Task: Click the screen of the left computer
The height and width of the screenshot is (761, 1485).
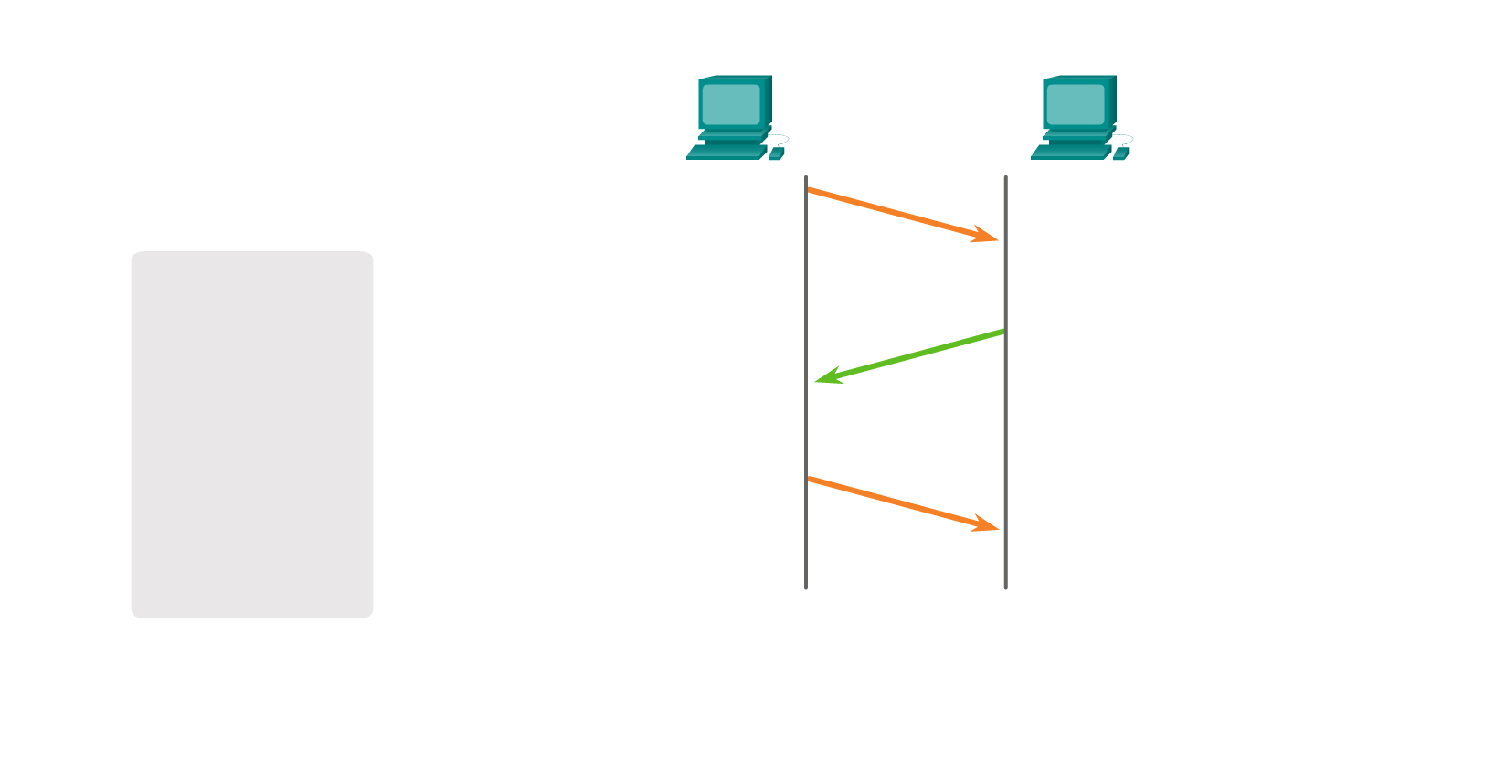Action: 731,104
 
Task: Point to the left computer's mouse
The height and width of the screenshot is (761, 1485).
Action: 776,153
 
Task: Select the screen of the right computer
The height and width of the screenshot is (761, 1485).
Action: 1076,104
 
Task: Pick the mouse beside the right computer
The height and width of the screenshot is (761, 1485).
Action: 1120,153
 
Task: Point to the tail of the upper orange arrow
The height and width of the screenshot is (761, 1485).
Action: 810,190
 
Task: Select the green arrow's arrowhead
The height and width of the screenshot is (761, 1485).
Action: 822,377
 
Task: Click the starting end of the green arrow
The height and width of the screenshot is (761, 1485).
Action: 1002,332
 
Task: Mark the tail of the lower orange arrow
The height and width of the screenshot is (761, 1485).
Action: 810,479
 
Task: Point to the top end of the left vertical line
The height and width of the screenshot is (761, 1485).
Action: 806,177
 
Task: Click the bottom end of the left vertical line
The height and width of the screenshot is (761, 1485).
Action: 806,587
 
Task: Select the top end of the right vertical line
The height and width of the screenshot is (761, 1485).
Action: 1005,177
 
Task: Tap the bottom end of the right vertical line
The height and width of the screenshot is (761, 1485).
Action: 1005,587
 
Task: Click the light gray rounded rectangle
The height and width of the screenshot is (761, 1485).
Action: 252,435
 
